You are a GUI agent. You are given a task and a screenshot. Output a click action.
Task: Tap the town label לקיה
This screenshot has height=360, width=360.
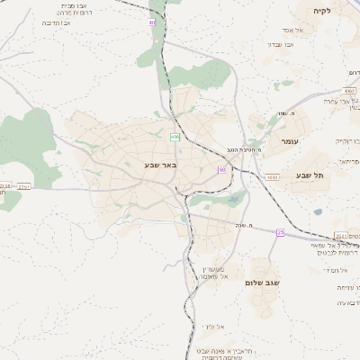[x=322, y=11]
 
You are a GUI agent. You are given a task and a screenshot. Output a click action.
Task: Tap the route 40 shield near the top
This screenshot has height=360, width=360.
[x=152, y=22]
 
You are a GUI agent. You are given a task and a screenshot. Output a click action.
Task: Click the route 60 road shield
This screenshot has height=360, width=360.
[x=220, y=169]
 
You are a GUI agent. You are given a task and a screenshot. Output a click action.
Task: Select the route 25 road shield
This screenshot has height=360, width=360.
[x=280, y=233]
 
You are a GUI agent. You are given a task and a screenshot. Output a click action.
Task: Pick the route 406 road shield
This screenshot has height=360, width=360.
[x=175, y=137]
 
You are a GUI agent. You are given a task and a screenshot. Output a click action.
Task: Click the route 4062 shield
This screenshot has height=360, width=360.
[x=349, y=91]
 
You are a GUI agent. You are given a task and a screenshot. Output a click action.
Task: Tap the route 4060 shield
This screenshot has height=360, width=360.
[x=272, y=177]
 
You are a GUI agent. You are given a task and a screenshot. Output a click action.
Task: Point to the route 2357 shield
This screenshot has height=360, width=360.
[x=24, y=186]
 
